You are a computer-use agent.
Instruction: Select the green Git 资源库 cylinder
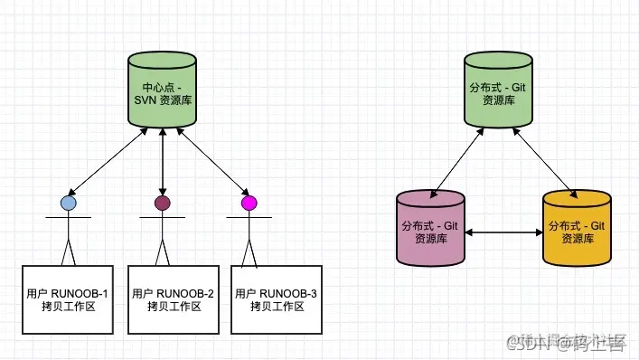coord(503,91)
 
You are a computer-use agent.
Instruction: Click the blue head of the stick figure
coord(68,203)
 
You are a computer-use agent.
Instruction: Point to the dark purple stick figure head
coord(163,203)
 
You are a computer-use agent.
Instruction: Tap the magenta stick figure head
coord(249,203)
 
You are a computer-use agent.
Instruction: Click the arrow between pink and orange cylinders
coord(503,233)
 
